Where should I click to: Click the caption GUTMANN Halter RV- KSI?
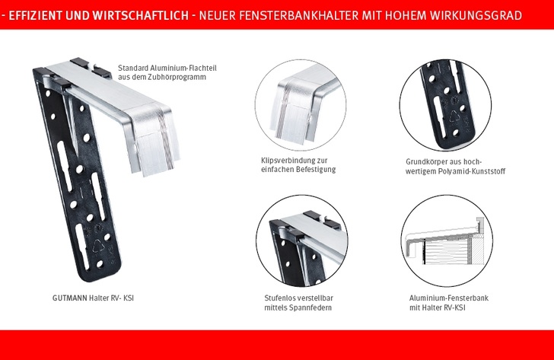93,298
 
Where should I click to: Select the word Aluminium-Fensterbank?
449,298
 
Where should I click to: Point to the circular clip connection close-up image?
301,105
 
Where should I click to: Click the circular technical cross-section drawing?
447,241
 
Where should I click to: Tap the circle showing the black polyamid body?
445,105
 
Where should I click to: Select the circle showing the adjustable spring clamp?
301,241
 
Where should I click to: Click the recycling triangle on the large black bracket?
98,246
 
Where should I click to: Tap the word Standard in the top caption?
133,68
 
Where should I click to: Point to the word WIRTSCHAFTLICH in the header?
141,15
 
